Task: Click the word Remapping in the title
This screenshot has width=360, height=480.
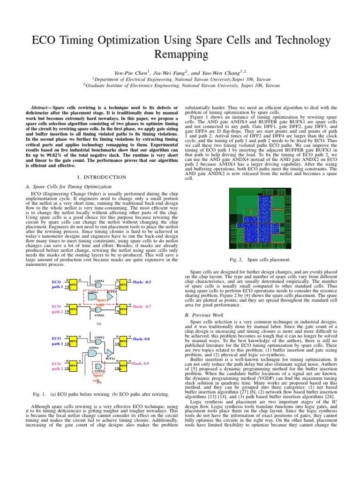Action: point(180,55)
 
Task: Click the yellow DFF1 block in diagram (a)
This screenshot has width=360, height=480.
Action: point(73,285)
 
